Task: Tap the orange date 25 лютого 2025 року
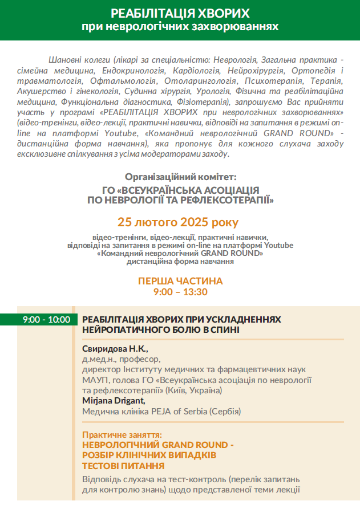[179, 222]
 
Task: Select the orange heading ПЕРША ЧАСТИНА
[180, 282]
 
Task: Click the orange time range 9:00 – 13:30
[180, 292]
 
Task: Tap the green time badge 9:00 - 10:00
[46, 320]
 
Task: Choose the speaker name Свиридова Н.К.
[115, 348]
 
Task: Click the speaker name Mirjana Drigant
[114, 401]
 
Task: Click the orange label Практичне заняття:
[122, 434]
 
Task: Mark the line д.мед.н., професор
[122, 359]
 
